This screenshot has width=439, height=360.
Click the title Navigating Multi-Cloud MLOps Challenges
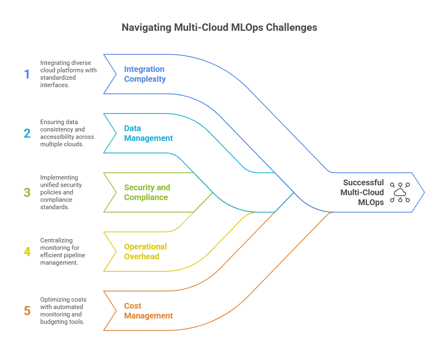(219, 28)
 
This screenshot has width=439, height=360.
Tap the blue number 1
(27, 74)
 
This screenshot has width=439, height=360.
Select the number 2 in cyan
(27, 134)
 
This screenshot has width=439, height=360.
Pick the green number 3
(27, 192)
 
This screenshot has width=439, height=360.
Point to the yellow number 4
(27, 252)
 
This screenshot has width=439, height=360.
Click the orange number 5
(27, 311)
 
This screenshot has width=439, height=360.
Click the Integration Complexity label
(145, 74)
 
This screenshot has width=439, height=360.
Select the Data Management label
(148, 133)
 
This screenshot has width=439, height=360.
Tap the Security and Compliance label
(147, 192)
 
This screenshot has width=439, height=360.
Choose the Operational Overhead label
(146, 252)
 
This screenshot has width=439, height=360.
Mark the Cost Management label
(148, 311)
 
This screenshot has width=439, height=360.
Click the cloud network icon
(400, 192)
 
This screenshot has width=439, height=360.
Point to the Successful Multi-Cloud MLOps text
(363, 192)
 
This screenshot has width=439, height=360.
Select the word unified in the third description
(49, 185)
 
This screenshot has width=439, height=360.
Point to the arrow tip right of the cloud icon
(423, 192)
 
